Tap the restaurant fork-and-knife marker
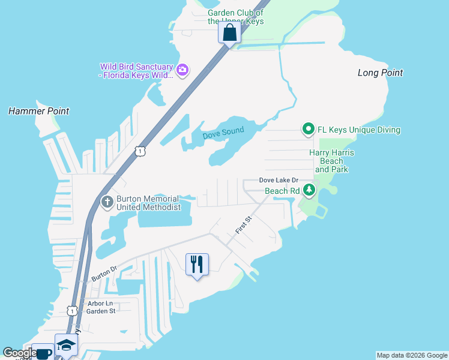tap(197, 263)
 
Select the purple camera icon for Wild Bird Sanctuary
tap(182, 70)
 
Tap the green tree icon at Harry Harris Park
tap(309, 190)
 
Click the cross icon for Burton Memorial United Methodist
tap(107, 202)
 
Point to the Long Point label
tap(380, 73)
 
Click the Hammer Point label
tap(38, 111)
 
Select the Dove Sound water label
tap(223, 133)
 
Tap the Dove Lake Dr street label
tap(279, 181)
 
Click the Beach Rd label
tap(282, 191)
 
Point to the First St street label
tap(243, 226)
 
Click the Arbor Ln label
tap(100, 304)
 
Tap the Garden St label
tap(100, 311)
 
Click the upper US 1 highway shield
tap(139, 152)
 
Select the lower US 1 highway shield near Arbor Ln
tap(71, 310)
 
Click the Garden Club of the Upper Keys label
tap(235, 17)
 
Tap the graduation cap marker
tap(66, 345)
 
